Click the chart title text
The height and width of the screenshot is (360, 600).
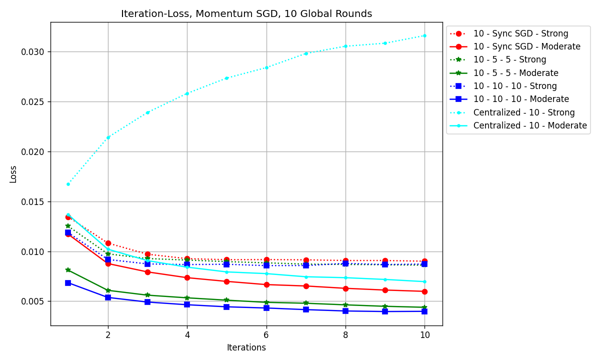pos(246,14)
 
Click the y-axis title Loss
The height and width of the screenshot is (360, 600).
pos(13,174)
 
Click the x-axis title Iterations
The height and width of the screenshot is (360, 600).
pos(246,347)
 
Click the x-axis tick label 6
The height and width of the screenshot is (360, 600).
pos(266,335)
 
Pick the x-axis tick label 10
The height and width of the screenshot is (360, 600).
pos(424,335)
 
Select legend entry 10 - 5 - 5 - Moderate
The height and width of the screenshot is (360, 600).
pos(516,73)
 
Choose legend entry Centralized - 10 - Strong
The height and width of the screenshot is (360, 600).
pos(524,112)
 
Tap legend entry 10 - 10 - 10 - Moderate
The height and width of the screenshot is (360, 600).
pos(521,99)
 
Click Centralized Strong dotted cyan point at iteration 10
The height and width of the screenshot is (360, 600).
pos(424,35)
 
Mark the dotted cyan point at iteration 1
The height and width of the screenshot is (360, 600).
pos(68,184)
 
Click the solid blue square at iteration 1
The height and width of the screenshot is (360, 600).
pos(68,283)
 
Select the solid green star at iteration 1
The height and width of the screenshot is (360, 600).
pos(68,270)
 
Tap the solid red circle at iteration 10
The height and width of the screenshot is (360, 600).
pos(424,291)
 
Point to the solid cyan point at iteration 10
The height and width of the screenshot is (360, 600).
pos(424,281)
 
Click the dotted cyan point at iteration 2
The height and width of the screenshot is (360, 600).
pos(108,137)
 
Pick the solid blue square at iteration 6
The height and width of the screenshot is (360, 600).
pos(266,308)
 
